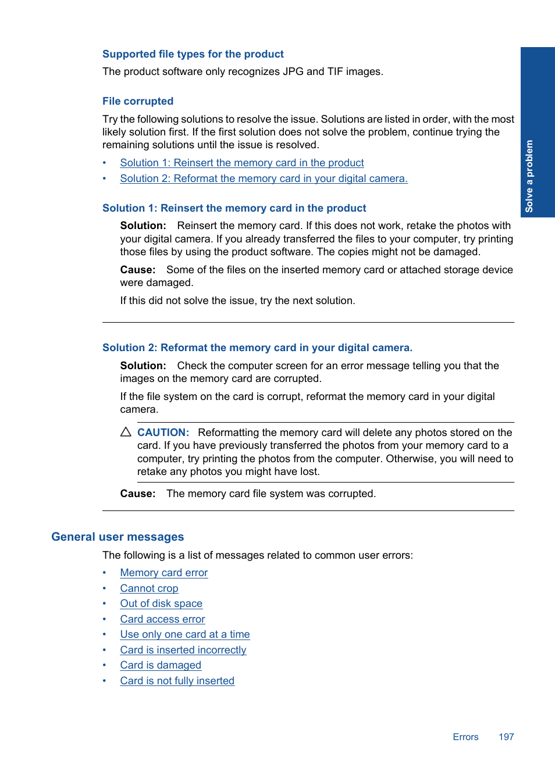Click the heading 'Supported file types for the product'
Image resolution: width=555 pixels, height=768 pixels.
193,54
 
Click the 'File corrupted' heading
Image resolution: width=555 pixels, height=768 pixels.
138,101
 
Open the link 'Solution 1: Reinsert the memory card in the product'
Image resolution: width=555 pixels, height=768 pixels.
242,163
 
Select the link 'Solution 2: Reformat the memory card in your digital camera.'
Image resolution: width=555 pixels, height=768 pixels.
264,178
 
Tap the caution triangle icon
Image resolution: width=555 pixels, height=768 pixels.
126,432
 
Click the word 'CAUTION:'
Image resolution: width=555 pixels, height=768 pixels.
163,433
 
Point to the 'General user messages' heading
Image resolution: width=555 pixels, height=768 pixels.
118,537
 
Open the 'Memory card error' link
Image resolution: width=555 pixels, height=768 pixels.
163,573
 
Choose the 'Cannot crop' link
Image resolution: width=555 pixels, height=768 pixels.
149,588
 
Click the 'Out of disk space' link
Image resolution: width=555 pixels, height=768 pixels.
161,603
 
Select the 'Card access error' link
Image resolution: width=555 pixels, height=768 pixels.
162,619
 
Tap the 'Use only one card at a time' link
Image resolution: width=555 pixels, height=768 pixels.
185,634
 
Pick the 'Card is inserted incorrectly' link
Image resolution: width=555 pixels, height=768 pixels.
183,650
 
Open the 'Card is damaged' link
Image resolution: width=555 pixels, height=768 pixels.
161,665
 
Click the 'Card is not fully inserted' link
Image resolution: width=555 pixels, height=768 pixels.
177,681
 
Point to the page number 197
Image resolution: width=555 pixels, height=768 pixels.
506,737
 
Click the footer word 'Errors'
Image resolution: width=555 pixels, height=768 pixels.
465,737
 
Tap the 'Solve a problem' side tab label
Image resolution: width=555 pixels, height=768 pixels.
529,176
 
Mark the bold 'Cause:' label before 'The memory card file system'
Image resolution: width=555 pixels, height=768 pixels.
138,494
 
